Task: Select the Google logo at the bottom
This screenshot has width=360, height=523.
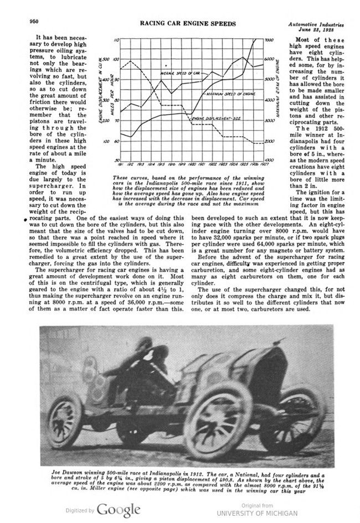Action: tap(119, 509)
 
